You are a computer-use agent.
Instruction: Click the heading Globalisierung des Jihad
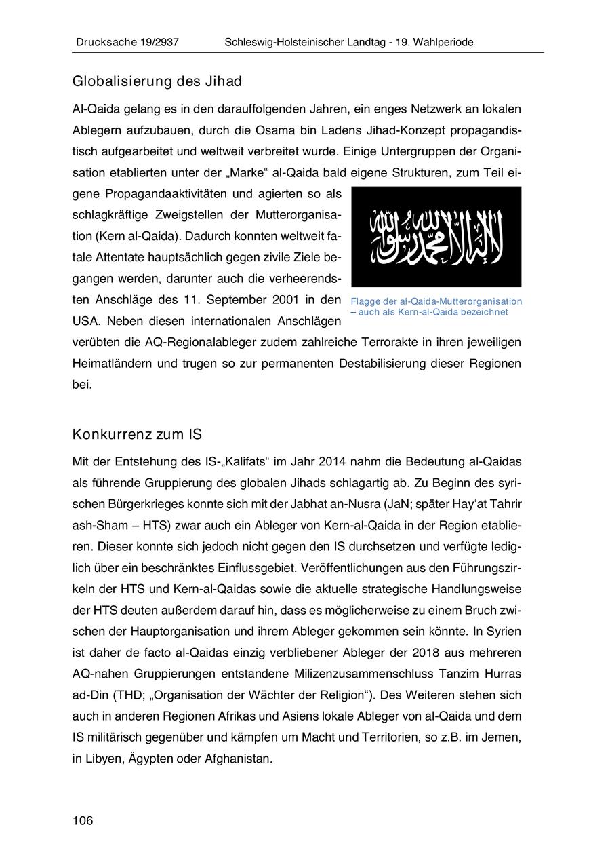[157, 82]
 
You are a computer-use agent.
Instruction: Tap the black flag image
[436, 236]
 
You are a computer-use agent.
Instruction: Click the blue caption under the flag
[436, 307]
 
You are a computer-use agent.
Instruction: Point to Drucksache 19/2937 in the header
[126, 42]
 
